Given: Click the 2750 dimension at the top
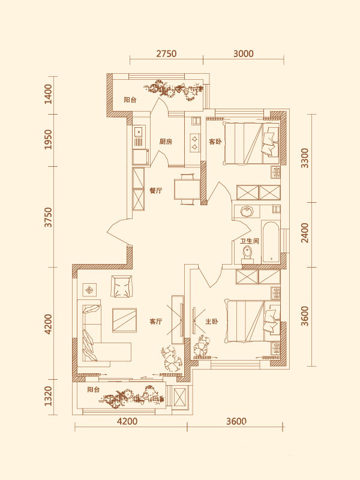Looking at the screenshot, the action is coord(166,54).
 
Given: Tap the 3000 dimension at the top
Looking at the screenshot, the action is coord(244,54).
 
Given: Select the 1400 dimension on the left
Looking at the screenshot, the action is coord(49,94).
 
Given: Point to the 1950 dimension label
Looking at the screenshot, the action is coord(49,139).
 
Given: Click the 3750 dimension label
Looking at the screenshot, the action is coord(49,217).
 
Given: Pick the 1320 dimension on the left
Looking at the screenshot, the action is coord(49,396).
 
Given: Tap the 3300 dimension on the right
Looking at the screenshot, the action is coord(305,158).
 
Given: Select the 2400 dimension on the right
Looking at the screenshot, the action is coord(305,233).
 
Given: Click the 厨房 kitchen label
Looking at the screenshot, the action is coord(166,142).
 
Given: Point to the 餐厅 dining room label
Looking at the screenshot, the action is coord(156,191).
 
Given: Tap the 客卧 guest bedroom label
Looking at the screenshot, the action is coord(215,142).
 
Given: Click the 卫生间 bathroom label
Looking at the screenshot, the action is coord(250,241).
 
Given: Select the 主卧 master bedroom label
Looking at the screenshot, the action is coord(212,322).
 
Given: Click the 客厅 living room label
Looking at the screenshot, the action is coord(156,322).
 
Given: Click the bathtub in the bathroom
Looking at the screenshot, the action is coord(271,242).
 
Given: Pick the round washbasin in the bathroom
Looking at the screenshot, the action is coord(247,211).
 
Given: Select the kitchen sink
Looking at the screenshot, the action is coord(138,132).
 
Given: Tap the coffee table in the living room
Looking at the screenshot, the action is coord(124,320).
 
